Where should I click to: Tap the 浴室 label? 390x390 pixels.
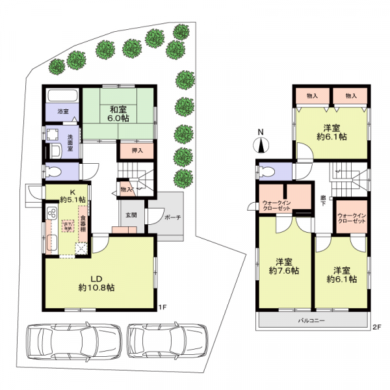(x=63, y=112)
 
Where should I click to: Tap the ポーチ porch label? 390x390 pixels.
(x=172, y=218)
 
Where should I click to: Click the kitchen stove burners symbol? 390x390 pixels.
(x=53, y=211)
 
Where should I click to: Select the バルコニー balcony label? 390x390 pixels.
(x=311, y=321)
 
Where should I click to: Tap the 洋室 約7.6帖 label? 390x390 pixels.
(x=285, y=275)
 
